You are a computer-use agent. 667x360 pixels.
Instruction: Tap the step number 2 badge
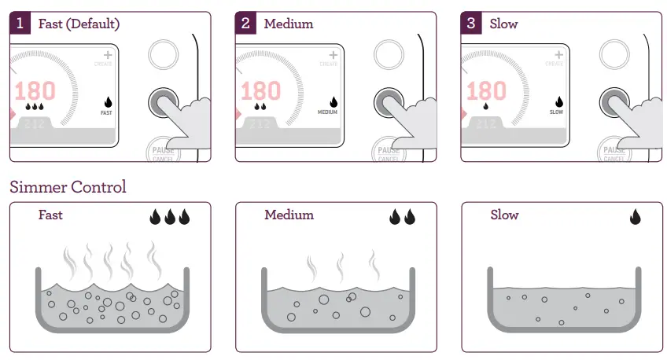pos(245,24)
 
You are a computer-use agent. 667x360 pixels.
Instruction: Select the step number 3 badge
pos(471,24)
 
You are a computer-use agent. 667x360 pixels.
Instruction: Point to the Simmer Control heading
pos(68,187)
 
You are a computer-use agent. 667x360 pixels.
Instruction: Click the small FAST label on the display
pos(107,112)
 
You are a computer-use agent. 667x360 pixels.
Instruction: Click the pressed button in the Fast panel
pos(163,102)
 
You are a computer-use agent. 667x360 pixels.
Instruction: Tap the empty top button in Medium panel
pos(389,55)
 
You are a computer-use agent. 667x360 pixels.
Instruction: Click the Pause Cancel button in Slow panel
pos(614,152)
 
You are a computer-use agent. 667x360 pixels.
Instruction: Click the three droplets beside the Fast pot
pos(170,217)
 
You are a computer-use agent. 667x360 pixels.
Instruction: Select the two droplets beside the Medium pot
pos(402,217)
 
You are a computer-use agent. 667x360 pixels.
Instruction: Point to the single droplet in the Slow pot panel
pos(635,217)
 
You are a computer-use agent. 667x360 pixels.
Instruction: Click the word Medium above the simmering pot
pos(289,215)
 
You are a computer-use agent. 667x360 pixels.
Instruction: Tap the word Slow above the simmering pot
pos(504,215)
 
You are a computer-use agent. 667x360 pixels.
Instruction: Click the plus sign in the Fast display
pos(107,56)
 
